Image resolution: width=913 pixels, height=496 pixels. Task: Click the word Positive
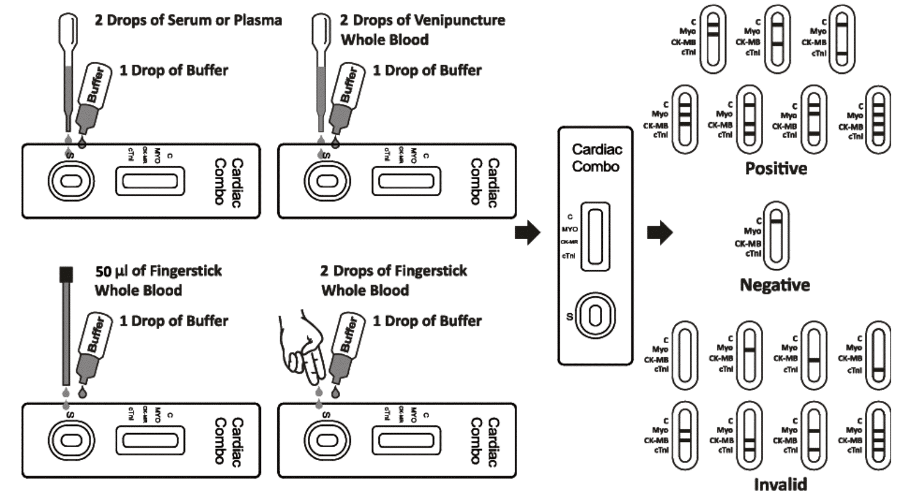pyautogui.click(x=776, y=169)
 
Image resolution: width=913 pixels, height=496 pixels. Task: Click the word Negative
pyautogui.click(x=774, y=285)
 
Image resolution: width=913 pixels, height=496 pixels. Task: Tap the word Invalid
pyautogui.click(x=780, y=484)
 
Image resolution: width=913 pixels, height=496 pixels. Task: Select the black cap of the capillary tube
pyautogui.click(x=66, y=274)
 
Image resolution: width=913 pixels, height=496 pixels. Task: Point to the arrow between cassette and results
pyautogui.click(x=659, y=232)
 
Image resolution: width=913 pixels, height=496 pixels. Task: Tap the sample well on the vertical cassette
pyautogui.click(x=595, y=316)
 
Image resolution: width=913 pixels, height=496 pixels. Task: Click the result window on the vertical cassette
pyautogui.click(x=595, y=236)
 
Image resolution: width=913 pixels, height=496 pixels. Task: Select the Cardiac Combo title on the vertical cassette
pyautogui.click(x=596, y=158)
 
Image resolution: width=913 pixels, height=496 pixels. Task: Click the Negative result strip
pyautogui.click(x=776, y=236)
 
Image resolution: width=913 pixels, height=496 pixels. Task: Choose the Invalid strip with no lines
pyautogui.click(x=684, y=355)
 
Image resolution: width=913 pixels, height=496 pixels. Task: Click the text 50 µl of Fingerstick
pyautogui.click(x=158, y=271)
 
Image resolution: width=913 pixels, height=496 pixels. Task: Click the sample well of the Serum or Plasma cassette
pyautogui.click(x=71, y=181)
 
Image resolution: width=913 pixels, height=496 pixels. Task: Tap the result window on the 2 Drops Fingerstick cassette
pyautogui.click(x=405, y=440)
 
